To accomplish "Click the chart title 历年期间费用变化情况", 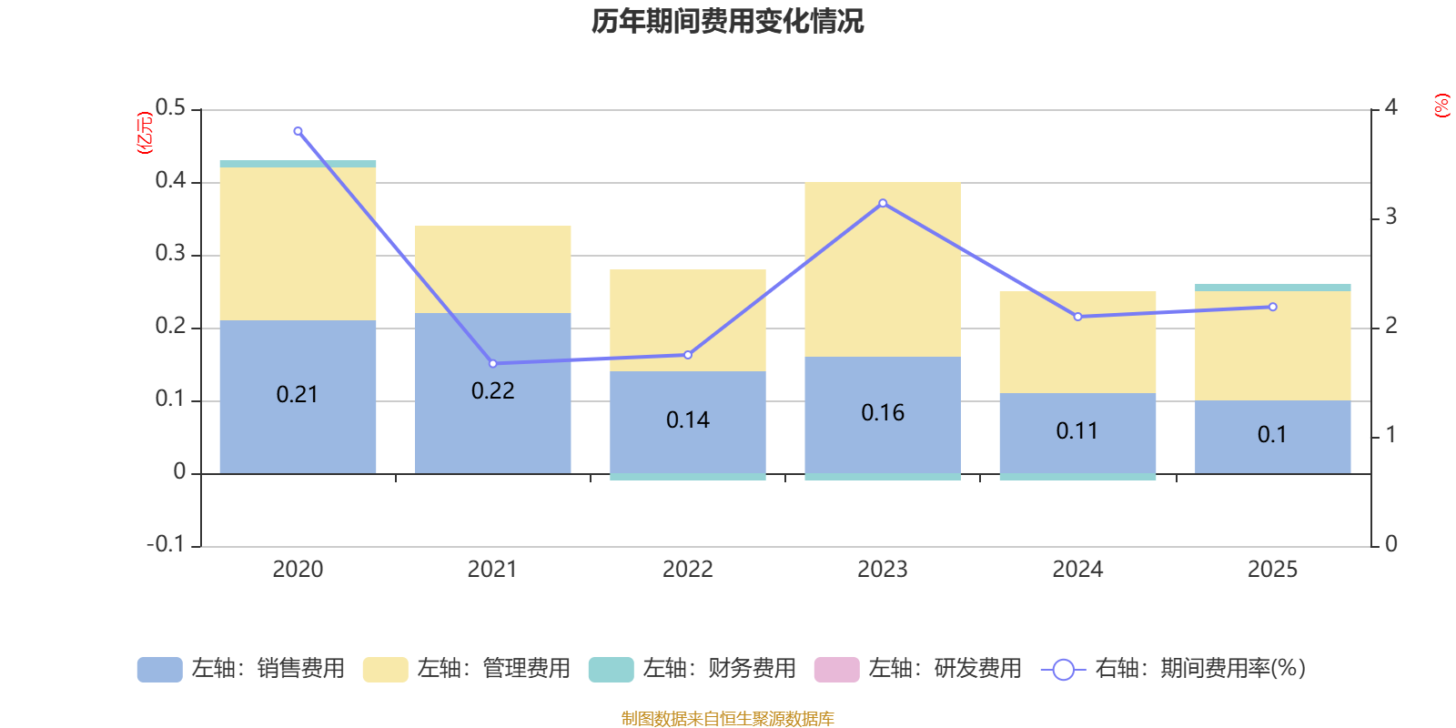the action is click(727, 22).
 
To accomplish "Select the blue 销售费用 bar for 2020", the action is click(298, 397).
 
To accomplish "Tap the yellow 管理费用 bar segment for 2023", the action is click(883, 269).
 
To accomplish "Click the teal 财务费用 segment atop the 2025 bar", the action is click(1273, 288).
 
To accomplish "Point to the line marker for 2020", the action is click(298, 131).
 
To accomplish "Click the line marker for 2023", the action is click(883, 204).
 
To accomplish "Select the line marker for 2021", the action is click(492, 364).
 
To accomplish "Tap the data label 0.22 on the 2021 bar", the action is click(492, 390).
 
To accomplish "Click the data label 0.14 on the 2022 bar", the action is click(688, 420).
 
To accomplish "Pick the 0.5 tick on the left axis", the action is click(170, 108).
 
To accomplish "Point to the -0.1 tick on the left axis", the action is click(166, 544).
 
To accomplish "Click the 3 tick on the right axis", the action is click(1391, 217).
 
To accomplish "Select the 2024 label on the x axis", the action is click(1077, 570).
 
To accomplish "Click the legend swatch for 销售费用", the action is click(160, 670).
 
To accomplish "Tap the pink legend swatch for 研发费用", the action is click(837, 670).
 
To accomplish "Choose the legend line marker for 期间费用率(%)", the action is click(1064, 670).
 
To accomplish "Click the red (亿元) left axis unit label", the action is click(145, 133).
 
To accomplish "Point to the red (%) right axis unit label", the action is click(1441, 106).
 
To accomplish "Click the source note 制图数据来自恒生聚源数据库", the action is click(727, 718).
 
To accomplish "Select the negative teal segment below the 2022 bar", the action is click(688, 477).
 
